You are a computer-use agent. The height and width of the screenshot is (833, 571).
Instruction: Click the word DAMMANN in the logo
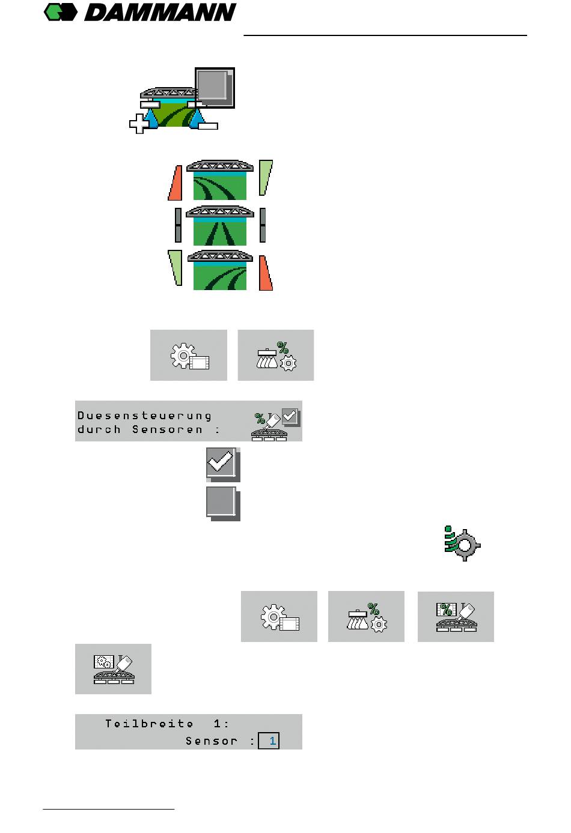point(160,13)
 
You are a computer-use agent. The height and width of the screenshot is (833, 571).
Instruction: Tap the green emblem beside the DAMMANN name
point(61,12)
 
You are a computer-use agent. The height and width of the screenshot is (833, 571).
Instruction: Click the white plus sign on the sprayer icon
point(139,124)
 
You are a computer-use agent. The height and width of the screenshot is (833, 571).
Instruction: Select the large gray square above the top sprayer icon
point(214,88)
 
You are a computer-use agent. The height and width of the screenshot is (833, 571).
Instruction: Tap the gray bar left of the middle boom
point(178,225)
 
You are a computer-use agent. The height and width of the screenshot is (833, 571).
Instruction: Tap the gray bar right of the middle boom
point(263,225)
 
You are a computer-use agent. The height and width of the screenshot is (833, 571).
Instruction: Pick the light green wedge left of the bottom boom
point(176,267)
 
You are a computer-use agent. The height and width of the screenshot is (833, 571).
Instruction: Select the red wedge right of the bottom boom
point(265,274)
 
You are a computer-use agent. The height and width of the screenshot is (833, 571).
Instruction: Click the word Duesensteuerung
point(144,416)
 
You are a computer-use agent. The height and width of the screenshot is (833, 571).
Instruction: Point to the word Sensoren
point(167,429)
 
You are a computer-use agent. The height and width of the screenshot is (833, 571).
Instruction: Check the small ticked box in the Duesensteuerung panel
point(290,416)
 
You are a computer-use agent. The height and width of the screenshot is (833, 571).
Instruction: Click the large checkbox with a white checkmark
point(222,464)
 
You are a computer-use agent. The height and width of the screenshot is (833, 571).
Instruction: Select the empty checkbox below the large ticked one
point(222,503)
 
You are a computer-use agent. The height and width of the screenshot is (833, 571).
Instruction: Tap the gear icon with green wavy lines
point(463,544)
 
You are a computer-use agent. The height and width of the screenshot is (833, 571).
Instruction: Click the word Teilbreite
point(149,724)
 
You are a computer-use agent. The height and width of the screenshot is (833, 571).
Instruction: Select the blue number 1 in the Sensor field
point(272,741)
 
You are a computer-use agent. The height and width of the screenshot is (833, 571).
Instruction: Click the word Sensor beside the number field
point(211,741)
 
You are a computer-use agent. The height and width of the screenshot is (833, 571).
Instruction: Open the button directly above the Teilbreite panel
point(113,669)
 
